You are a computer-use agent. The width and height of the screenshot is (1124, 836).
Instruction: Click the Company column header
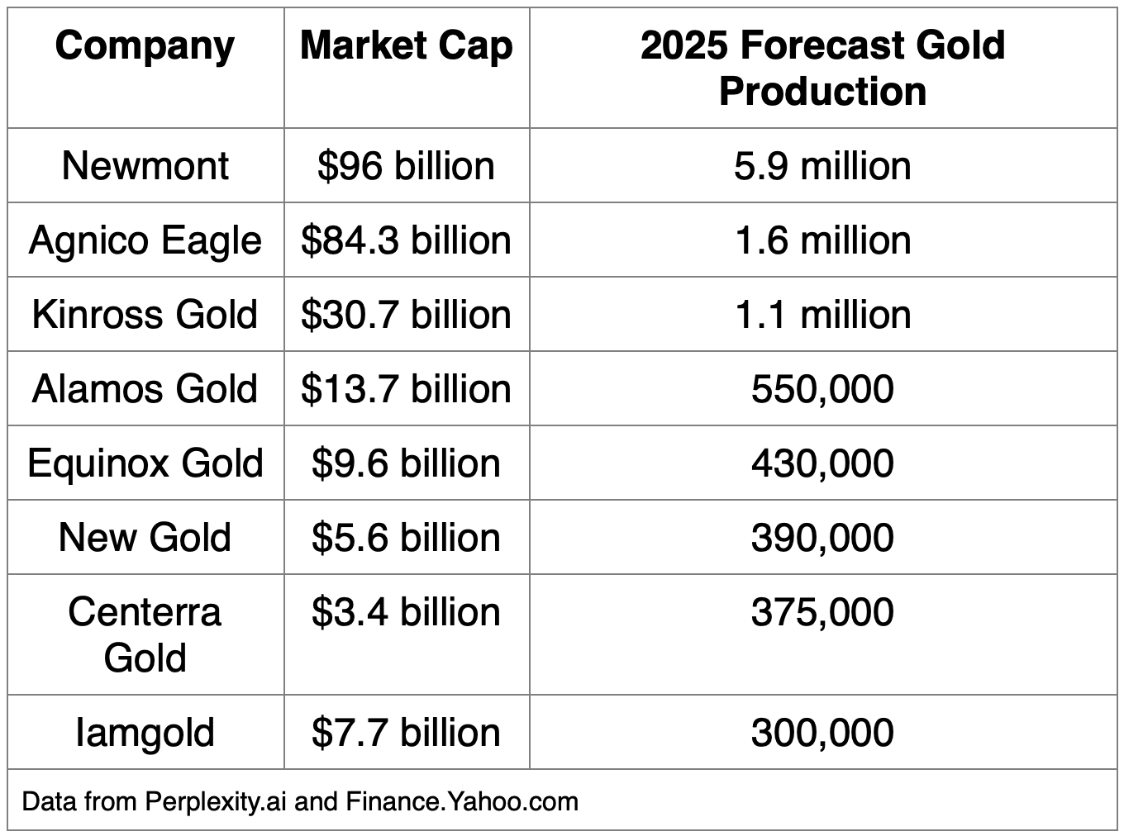(x=145, y=46)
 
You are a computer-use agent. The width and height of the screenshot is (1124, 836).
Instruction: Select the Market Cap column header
(x=406, y=46)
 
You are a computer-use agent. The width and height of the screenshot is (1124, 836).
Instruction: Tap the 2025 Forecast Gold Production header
(x=822, y=68)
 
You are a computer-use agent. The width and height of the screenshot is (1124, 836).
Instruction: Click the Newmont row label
(x=145, y=166)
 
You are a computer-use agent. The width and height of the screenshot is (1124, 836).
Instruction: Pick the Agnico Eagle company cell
(x=145, y=240)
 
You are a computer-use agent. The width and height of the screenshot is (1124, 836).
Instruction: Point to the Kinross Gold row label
(x=145, y=315)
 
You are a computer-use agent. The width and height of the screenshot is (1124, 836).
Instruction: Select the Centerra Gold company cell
(x=145, y=634)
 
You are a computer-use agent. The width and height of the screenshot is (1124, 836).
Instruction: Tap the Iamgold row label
(x=145, y=733)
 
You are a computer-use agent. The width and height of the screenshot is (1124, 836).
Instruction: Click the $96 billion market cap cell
(x=406, y=166)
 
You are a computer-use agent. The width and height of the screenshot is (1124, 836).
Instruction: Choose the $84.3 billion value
(x=406, y=240)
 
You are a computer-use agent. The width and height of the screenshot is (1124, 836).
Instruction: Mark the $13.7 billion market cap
(x=406, y=389)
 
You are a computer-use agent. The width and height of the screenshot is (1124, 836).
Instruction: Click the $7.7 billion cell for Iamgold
(x=406, y=733)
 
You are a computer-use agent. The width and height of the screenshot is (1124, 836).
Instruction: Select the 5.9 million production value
(x=822, y=166)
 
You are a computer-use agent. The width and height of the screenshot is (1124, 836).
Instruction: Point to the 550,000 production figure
(x=822, y=389)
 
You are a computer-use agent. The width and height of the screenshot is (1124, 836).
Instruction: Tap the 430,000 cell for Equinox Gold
(x=822, y=463)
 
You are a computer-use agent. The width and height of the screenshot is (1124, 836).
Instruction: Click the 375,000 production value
(x=822, y=612)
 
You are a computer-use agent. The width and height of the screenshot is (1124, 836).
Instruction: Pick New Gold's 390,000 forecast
(x=822, y=538)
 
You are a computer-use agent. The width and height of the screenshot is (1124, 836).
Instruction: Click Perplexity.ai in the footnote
(x=216, y=801)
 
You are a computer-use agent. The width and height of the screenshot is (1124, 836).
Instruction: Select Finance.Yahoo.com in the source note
(x=462, y=801)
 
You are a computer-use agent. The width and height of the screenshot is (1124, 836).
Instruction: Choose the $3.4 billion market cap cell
(x=406, y=612)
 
